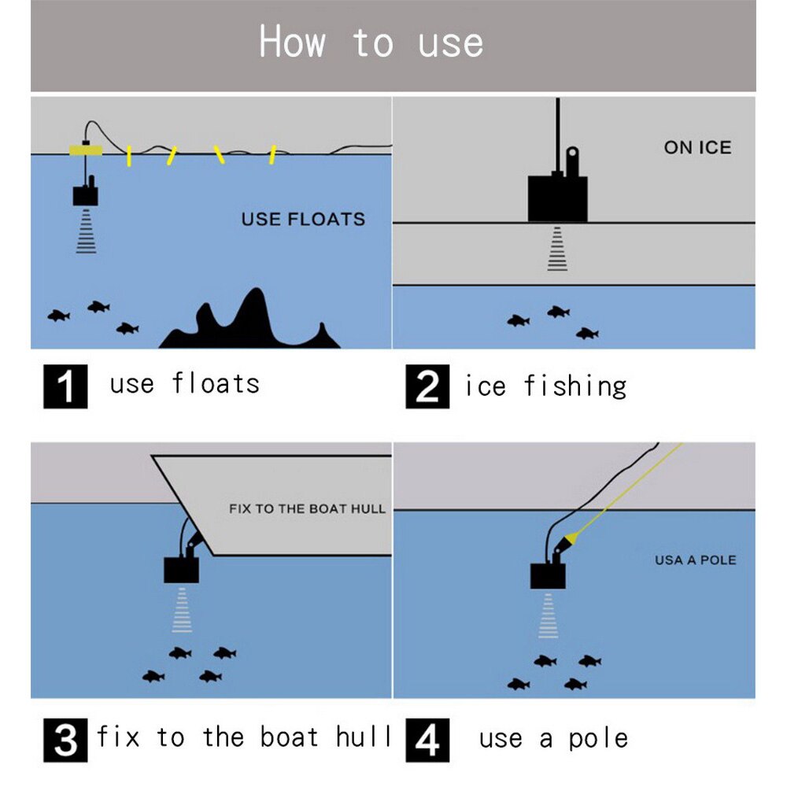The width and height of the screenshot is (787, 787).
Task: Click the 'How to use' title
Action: [x=371, y=42]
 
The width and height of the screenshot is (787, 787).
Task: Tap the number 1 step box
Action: [x=65, y=386]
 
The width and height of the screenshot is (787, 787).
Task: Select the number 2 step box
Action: [x=427, y=386]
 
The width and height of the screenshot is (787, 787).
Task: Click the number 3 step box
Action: [x=65, y=739]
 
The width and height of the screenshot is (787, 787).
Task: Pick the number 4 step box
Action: [x=427, y=739]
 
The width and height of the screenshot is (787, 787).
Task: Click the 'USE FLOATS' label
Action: [x=303, y=219]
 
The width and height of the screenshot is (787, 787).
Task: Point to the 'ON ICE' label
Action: [x=697, y=147]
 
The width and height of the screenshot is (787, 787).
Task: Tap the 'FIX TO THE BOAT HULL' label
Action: [x=307, y=508]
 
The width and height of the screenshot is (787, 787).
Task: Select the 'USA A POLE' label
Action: [x=696, y=560]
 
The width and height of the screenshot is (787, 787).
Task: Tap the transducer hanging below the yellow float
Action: [x=85, y=194]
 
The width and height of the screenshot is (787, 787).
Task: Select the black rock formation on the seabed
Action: [x=250, y=323]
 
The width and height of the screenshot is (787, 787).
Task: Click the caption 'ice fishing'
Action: [x=545, y=386]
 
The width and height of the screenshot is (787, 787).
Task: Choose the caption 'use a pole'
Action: [x=553, y=739]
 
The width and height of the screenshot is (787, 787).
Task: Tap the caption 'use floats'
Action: [x=184, y=384]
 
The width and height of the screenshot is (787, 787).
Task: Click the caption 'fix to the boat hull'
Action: [x=244, y=737]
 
